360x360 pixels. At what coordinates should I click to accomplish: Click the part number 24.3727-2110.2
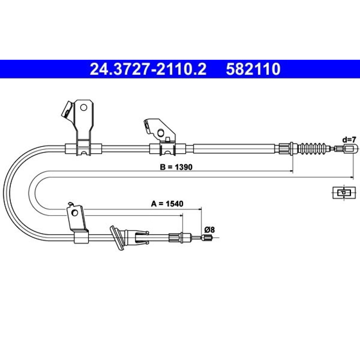[x=148, y=69]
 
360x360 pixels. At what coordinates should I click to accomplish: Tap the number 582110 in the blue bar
[x=253, y=69]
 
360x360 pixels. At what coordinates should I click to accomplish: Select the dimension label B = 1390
[x=176, y=167]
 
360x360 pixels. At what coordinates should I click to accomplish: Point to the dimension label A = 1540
[x=167, y=203]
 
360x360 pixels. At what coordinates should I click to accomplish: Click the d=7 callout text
[x=349, y=140]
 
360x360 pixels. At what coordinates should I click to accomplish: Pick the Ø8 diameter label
[x=210, y=229]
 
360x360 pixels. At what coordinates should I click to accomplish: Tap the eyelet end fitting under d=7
[x=351, y=148]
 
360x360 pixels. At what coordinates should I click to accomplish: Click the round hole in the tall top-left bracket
[x=84, y=107]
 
